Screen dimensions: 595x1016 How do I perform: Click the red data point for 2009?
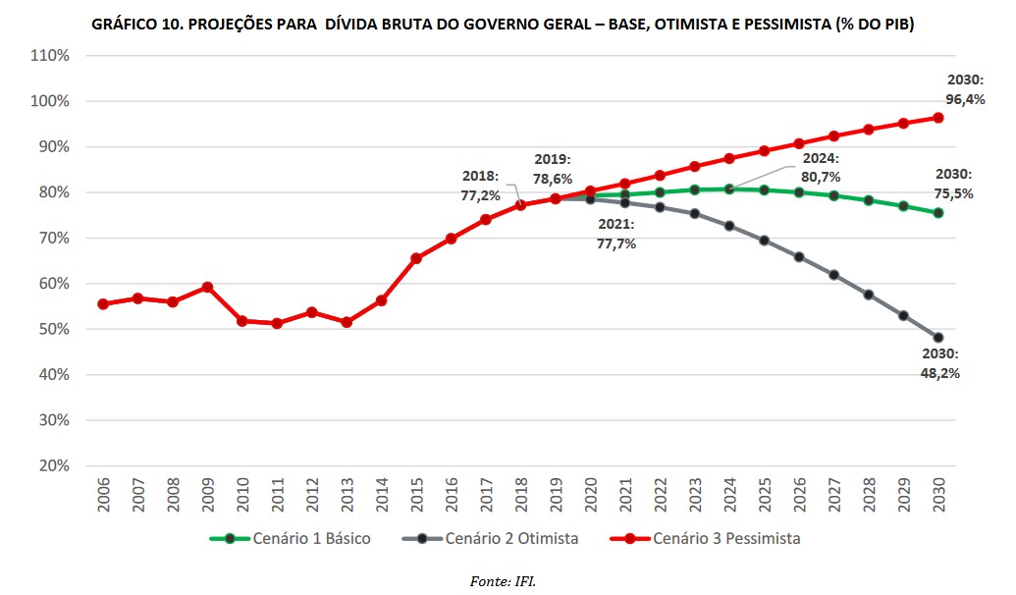click(207, 287)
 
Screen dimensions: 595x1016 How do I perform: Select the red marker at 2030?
click(937, 118)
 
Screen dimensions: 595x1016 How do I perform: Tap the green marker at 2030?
click(937, 213)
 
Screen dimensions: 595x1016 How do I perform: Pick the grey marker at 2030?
click(937, 338)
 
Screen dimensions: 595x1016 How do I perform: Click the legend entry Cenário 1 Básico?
click(290, 538)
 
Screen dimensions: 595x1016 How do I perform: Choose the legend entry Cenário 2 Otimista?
click(490, 538)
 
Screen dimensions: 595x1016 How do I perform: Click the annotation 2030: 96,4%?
click(966, 89)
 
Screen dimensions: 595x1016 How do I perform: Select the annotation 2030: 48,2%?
click(939, 363)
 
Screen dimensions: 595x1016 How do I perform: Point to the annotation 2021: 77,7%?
click(615, 234)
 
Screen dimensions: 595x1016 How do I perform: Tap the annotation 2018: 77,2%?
click(481, 186)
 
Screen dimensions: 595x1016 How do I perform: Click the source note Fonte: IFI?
click(503, 582)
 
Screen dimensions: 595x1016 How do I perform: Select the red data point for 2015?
click(416, 258)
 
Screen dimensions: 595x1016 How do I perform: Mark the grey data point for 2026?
click(799, 257)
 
